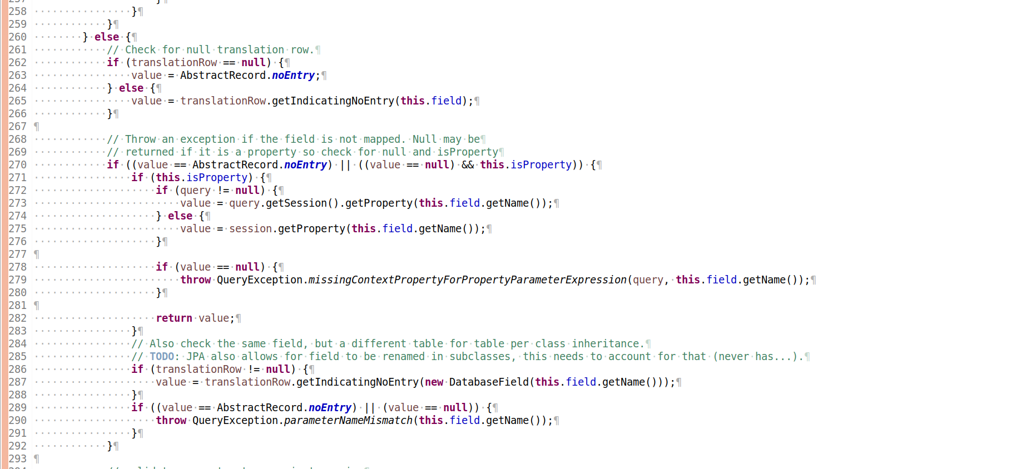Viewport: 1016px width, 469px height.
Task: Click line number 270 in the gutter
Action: (17, 165)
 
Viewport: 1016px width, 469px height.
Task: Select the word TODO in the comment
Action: (162, 357)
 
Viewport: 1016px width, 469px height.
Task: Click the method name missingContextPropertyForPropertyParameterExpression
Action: (467, 280)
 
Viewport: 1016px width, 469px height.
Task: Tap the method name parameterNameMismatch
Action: (348, 421)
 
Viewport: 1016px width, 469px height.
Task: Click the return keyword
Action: (174, 318)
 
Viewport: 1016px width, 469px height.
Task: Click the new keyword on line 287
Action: (434, 382)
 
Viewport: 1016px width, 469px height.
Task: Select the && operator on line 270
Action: (468, 165)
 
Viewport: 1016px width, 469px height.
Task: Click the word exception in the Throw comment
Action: (207, 139)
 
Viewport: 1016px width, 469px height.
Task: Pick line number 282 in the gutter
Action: (17, 318)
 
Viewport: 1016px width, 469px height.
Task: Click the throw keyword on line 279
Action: (196, 280)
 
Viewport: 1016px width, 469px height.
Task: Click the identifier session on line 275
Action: (250, 229)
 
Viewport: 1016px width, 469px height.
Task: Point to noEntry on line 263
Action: (293, 76)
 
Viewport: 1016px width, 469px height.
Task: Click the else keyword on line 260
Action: (107, 37)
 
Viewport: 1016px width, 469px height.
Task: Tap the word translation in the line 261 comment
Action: (250, 50)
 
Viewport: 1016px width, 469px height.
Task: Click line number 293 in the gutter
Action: (17, 459)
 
